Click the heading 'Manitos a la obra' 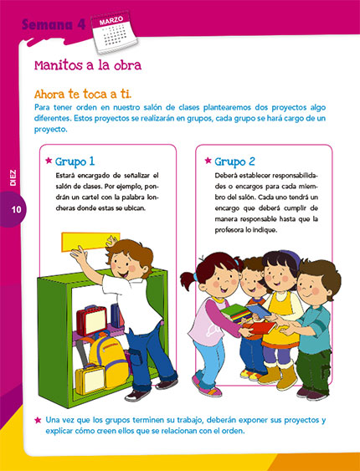[87, 64]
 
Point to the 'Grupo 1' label [75, 160]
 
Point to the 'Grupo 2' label [235, 160]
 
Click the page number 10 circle [14, 210]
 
